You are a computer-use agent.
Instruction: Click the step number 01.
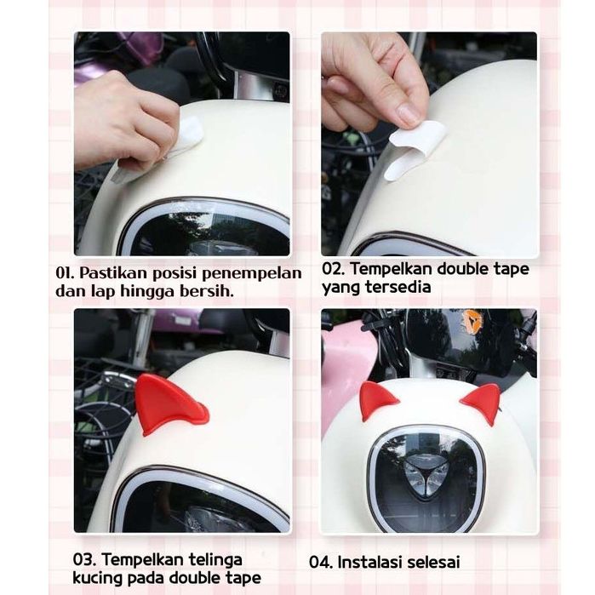pyautogui.click(x=65, y=273)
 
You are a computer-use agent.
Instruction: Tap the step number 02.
pyautogui.click(x=333, y=269)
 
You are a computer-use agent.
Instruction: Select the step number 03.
pyautogui.click(x=84, y=560)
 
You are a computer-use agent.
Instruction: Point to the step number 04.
pyautogui.click(x=321, y=563)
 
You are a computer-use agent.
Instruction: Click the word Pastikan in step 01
pyautogui.click(x=112, y=273)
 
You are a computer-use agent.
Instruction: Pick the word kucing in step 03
pyautogui.click(x=97, y=579)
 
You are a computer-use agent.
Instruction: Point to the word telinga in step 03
pyautogui.click(x=215, y=561)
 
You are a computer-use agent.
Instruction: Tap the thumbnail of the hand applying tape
pyautogui.click(x=429, y=144)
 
